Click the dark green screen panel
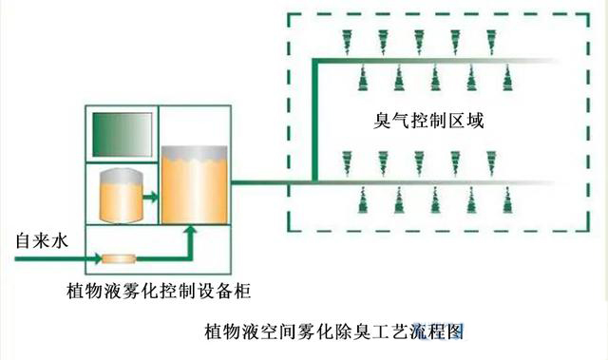click(122, 134)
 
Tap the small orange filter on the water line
click(120, 258)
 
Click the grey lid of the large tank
click(194, 151)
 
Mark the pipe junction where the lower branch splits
click(314, 180)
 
